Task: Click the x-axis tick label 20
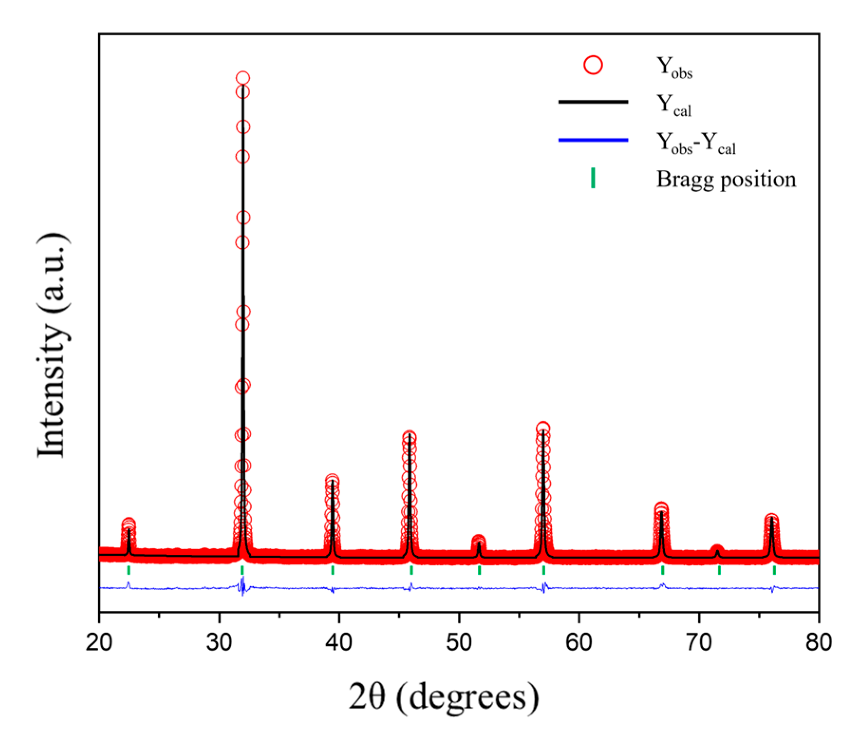point(99,643)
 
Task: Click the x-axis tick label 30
point(219,643)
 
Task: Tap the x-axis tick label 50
point(459,643)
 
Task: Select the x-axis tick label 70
point(699,643)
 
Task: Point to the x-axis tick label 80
point(819,643)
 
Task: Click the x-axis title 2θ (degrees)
point(443,696)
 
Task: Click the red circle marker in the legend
point(593,65)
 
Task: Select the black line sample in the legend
point(593,102)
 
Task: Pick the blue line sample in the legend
point(593,140)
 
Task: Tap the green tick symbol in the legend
point(593,178)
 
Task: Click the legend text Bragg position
point(726,179)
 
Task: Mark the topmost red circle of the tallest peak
point(243,78)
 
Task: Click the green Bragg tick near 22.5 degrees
point(129,570)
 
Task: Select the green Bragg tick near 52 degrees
point(479,570)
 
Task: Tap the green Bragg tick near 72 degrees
point(719,570)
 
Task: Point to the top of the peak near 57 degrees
point(543,429)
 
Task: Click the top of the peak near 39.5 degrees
point(332,479)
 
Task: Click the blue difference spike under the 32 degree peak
point(243,587)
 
